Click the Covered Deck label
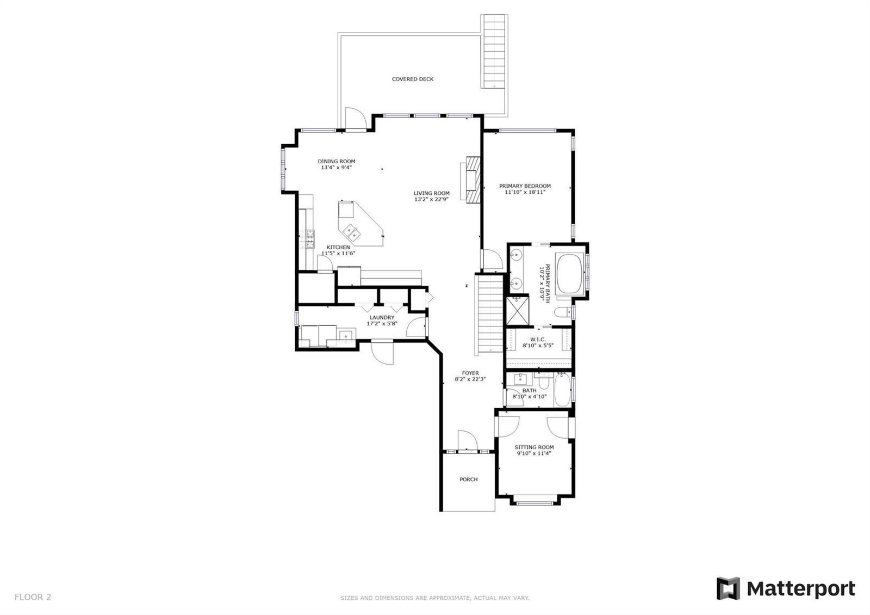click(x=413, y=79)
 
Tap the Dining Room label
click(x=337, y=161)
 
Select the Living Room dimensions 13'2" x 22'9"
click(x=431, y=199)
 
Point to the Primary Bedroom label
click(x=525, y=186)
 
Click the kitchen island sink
click(x=79, y=232)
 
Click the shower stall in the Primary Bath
click(x=517, y=310)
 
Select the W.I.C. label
click(x=538, y=340)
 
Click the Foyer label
click(x=470, y=373)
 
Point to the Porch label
click(x=468, y=479)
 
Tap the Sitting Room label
click(x=534, y=447)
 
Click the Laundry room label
click(x=382, y=318)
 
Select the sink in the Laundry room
click(x=346, y=335)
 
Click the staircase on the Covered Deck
click(x=494, y=51)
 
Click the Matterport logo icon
click(x=728, y=588)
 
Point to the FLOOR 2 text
click(x=33, y=596)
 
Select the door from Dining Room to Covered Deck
click(x=356, y=119)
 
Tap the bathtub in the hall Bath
click(x=562, y=390)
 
